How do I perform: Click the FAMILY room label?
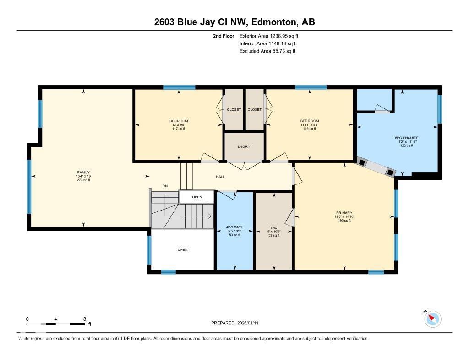click(x=83, y=173)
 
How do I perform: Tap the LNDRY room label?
click(x=244, y=146)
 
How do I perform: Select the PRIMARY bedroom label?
click(x=344, y=213)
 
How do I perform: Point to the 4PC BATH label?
click(x=234, y=227)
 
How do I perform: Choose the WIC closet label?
click(x=273, y=227)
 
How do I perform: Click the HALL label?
click(x=220, y=177)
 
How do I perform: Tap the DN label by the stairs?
click(x=165, y=186)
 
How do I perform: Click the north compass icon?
click(x=433, y=319)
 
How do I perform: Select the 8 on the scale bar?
click(x=85, y=319)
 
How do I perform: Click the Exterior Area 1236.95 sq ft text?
click(x=269, y=36)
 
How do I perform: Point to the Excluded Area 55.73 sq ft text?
click(x=267, y=51)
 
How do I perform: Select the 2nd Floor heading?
click(x=224, y=36)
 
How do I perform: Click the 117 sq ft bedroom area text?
click(x=179, y=129)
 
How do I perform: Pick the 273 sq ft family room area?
click(x=83, y=180)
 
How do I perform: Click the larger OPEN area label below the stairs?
click(x=182, y=250)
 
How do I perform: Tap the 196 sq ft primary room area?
click(x=344, y=221)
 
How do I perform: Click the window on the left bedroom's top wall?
click(x=179, y=87)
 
